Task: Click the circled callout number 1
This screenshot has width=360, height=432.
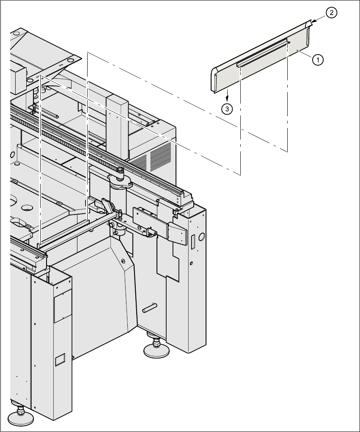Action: [318, 60]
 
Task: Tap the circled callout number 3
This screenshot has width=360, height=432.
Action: [228, 109]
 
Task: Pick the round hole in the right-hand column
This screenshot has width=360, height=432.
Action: [201, 236]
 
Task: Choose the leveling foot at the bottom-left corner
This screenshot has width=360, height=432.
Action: [20, 417]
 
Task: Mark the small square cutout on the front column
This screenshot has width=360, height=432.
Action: [59, 360]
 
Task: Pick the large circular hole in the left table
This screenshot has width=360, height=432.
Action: [26, 208]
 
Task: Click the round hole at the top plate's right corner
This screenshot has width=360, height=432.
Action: [70, 60]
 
